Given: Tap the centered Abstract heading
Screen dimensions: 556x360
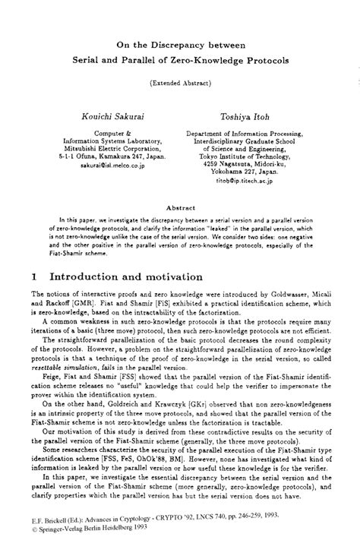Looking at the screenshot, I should (x=180, y=185).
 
